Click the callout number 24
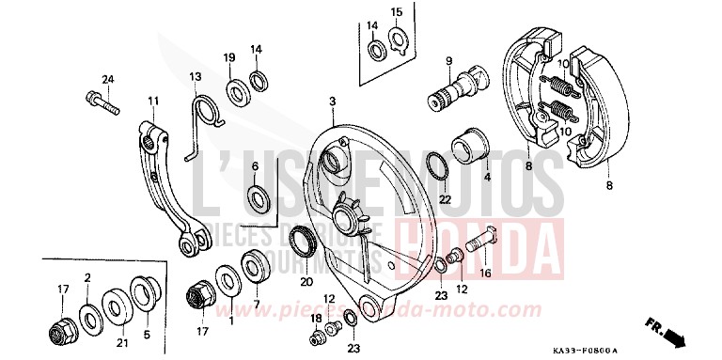point(107,79)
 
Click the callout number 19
point(228,58)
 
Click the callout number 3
point(332,100)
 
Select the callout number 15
point(396,12)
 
